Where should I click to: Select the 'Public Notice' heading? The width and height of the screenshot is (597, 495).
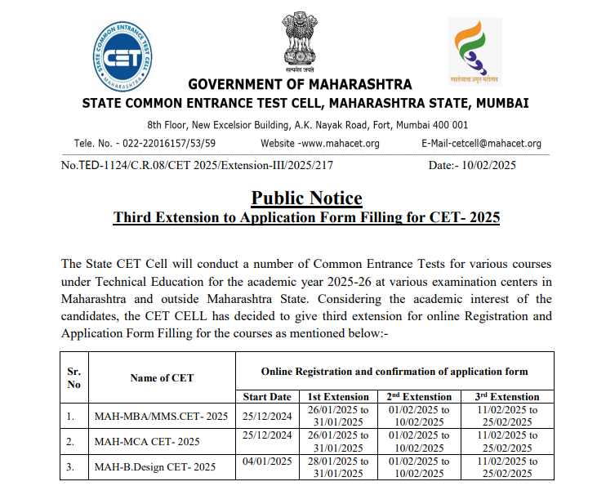click(306, 198)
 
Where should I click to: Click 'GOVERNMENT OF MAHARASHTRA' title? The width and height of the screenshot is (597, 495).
click(300, 85)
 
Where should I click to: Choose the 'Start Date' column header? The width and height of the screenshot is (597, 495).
click(267, 397)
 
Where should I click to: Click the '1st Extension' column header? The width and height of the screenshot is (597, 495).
click(338, 397)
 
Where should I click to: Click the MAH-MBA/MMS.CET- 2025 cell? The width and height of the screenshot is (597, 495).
click(161, 417)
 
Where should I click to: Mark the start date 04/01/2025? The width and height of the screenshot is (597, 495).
click(267, 462)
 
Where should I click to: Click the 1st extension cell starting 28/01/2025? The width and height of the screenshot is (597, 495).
click(338, 467)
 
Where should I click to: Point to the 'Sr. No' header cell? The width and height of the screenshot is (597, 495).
click(73, 377)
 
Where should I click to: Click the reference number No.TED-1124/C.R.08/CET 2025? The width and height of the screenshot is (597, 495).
click(197, 165)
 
